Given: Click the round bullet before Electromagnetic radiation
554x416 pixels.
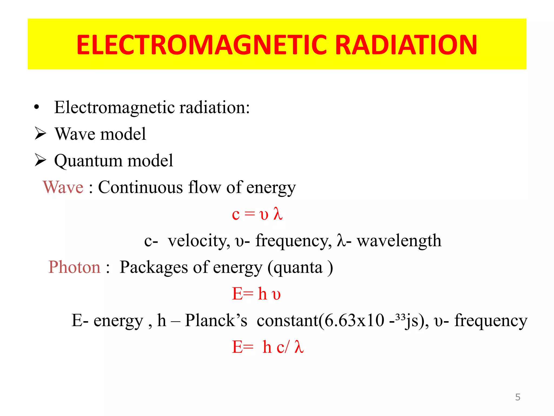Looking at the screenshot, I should click(x=37, y=107).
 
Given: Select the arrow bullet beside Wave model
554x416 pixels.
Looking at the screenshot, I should click(x=41, y=134).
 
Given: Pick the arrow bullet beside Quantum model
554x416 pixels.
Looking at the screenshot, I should click(x=41, y=160).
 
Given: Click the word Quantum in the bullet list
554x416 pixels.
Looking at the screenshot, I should click(x=88, y=161).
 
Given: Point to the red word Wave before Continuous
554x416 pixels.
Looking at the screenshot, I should click(x=63, y=187).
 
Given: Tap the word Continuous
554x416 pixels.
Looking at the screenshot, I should click(x=140, y=187).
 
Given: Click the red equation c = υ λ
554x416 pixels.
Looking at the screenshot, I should click(x=257, y=214).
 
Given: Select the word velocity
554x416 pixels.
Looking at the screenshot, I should click(x=199, y=240).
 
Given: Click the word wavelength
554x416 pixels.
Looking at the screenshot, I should click(x=399, y=240).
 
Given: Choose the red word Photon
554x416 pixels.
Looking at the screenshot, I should click(x=74, y=267).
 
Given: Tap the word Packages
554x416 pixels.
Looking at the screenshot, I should click(x=153, y=267).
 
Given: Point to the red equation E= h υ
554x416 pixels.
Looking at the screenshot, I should click(x=256, y=294).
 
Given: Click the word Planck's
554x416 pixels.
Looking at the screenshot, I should click(x=216, y=320).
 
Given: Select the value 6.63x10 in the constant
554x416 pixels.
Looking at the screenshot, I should click(x=354, y=320).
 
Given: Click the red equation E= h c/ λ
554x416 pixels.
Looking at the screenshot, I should click(x=268, y=347).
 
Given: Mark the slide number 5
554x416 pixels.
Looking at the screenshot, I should click(x=518, y=397).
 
